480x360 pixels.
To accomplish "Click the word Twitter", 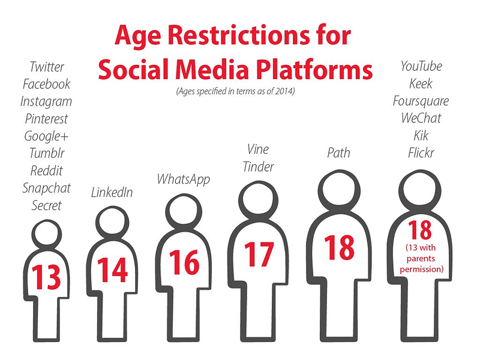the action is tap(47, 67).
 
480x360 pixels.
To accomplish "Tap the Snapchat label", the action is tap(47, 188).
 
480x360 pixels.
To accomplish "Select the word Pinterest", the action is tap(47, 119).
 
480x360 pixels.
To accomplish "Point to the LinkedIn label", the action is tap(112, 192).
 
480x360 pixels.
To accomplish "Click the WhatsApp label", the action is tap(184, 179).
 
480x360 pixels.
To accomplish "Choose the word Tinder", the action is tap(258, 167).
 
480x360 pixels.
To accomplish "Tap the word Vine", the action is tap(258, 149).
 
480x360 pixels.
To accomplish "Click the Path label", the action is tap(338, 153).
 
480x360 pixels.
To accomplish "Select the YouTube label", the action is tap(421, 66).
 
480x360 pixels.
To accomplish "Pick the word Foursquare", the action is tap(421, 101).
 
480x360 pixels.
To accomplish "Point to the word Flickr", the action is tap(421, 153).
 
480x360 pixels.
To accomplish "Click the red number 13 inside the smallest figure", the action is tap(46, 277).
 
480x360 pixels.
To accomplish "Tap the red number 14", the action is tap(112, 269).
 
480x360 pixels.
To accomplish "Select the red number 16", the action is tap(184, 262).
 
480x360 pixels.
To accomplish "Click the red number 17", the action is tap(259, 254).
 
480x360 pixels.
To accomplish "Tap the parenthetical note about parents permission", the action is tap(422, 259).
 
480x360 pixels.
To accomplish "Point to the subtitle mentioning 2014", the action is tap(235, 91).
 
